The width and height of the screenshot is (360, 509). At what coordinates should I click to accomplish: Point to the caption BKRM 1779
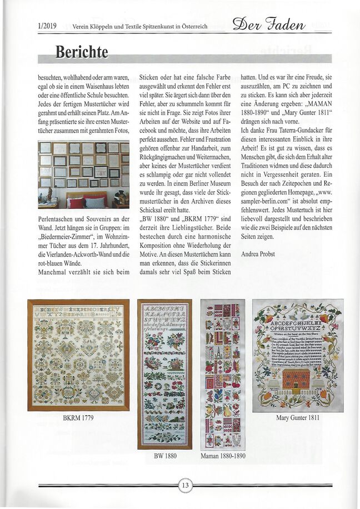pos(78,417)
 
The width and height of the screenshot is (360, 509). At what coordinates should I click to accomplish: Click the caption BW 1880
pos(164,456)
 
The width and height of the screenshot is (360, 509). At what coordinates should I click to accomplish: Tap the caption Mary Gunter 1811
pos(298,418)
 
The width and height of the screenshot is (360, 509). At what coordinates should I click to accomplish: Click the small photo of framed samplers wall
pos(83,174)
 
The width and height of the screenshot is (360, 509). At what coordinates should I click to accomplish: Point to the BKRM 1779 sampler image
pos(78,355)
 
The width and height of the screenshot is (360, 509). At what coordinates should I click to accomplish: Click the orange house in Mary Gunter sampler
pos(297,379)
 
